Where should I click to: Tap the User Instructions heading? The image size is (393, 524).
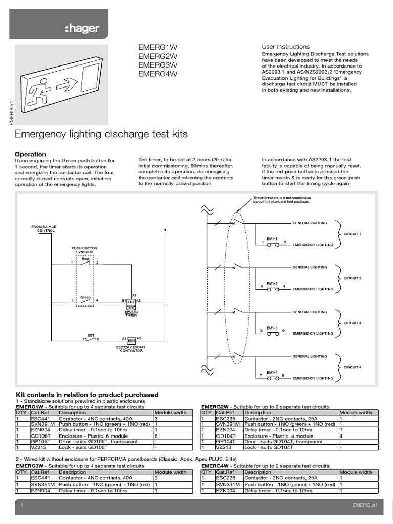[x=286, y=47]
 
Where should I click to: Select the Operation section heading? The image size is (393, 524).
[x=31, y=154]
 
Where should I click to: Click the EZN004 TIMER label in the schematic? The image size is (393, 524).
[x=131, y=314]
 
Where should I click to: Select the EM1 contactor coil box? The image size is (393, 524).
[x=131, y=340]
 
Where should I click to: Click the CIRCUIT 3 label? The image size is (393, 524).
[x=352, y=323]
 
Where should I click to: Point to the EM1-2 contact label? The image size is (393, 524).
[x=272, y=283]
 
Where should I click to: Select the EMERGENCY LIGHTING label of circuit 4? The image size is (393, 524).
[x=312, y=378]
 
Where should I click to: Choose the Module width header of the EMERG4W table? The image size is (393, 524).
[x=355, y=472]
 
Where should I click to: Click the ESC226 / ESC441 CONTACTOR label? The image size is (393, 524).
[x=131, y=349]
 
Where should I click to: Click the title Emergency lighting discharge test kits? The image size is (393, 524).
[x=102, y=134]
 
